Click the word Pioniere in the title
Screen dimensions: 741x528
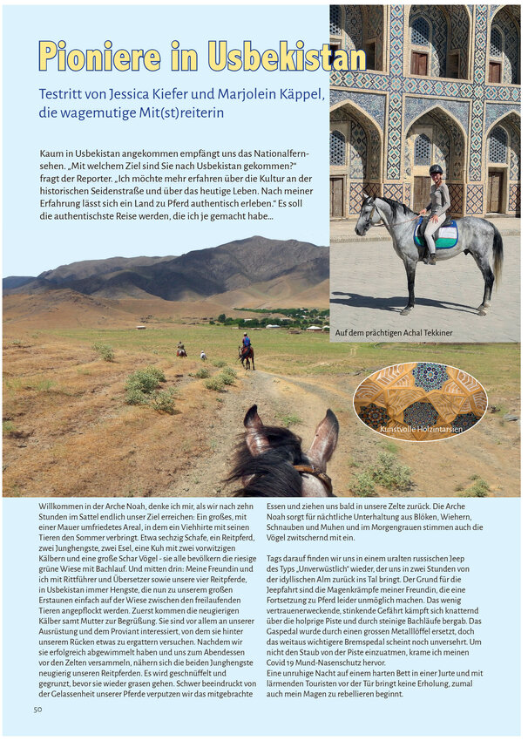(x=100, y=56)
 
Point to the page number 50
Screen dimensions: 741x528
(x=37, y=710)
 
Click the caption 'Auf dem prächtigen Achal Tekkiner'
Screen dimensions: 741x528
(x=394, y=332)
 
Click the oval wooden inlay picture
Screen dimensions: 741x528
(x=420, y=401)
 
